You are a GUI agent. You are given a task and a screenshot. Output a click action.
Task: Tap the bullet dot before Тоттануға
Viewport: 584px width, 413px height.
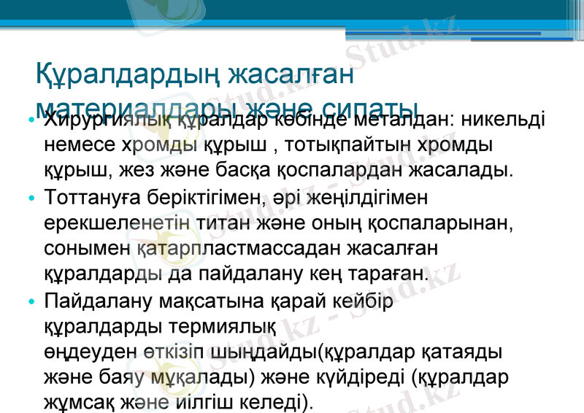coord(29,198)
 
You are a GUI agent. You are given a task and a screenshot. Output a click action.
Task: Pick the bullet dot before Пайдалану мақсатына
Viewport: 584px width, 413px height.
coord(29,301)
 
